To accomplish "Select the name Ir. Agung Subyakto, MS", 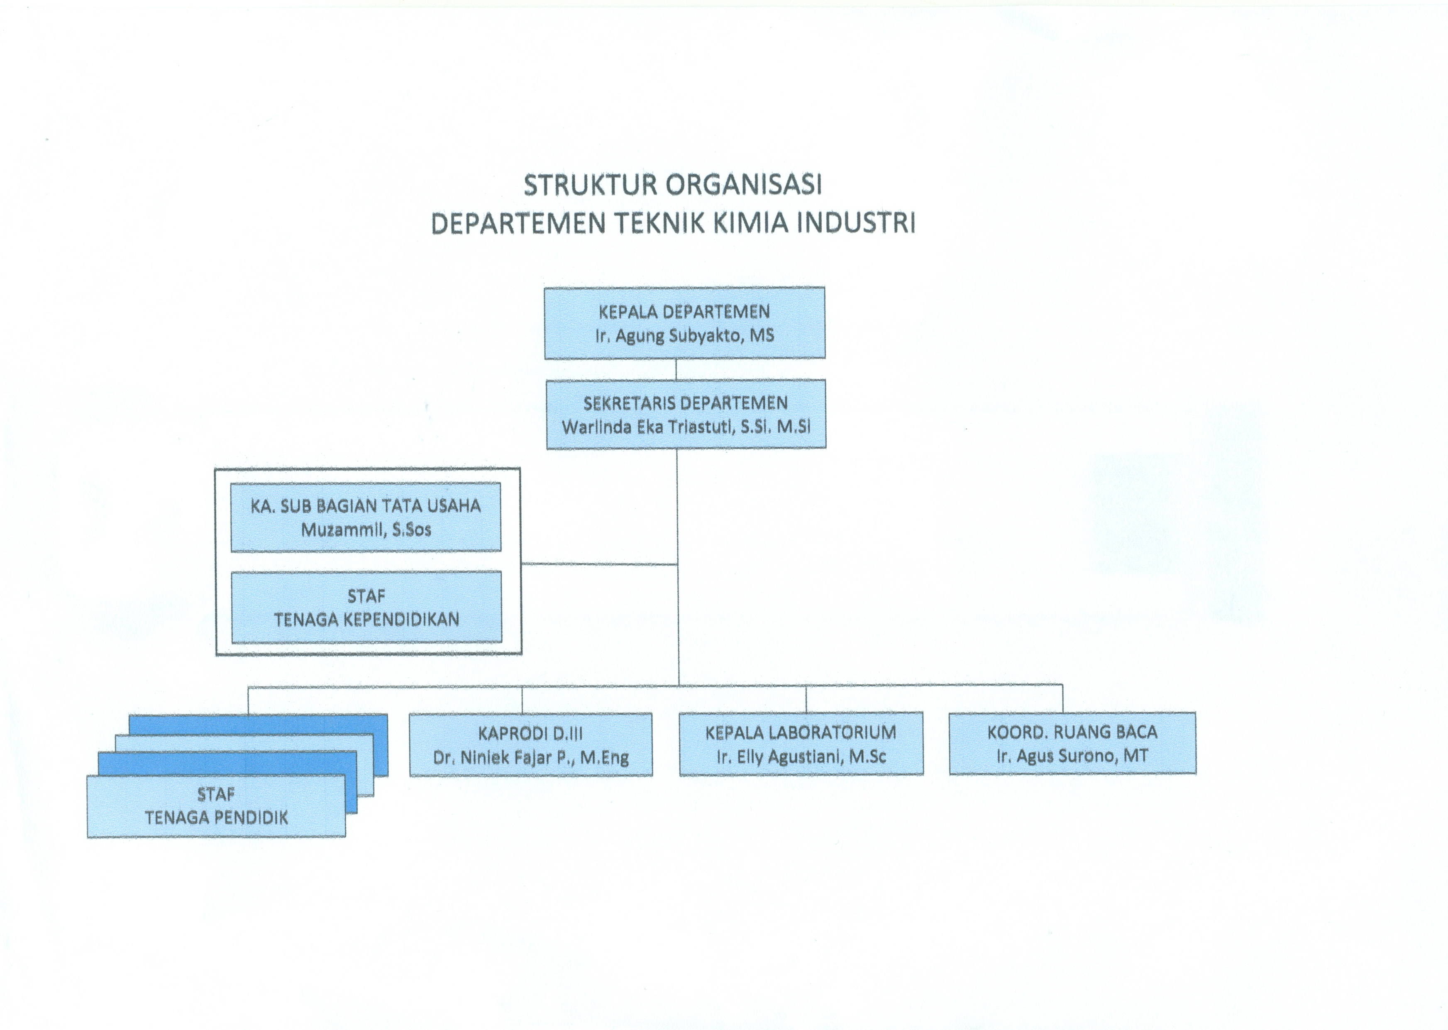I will click(684, 335).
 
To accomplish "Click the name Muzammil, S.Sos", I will click(366, 530).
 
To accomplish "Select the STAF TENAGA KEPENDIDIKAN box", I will click(366, 608).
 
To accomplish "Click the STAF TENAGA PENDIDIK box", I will click(216, 806).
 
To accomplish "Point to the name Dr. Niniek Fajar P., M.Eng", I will click(531, 757).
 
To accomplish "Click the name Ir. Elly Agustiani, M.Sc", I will click(801, 757).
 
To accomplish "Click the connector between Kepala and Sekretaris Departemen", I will click(676, 369).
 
